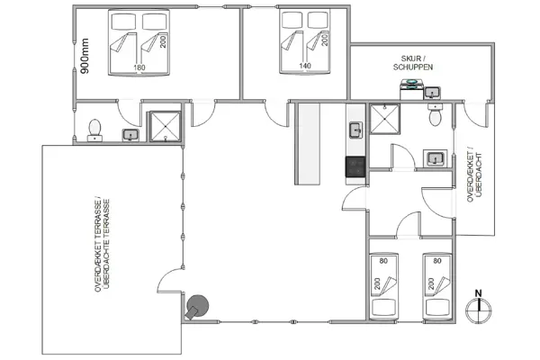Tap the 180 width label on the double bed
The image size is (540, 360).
click(139, 67)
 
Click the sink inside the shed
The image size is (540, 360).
click(434, 93)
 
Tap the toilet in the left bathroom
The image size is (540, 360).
click(94, 131)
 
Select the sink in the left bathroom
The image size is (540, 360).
click(130, 134)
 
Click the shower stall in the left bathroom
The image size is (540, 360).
click(164, 126)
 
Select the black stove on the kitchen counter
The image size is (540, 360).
click(355, 166)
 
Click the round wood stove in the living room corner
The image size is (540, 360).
click(197, 306)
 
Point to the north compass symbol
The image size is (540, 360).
click(480, 306)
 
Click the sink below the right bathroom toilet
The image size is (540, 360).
click(436, 158)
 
